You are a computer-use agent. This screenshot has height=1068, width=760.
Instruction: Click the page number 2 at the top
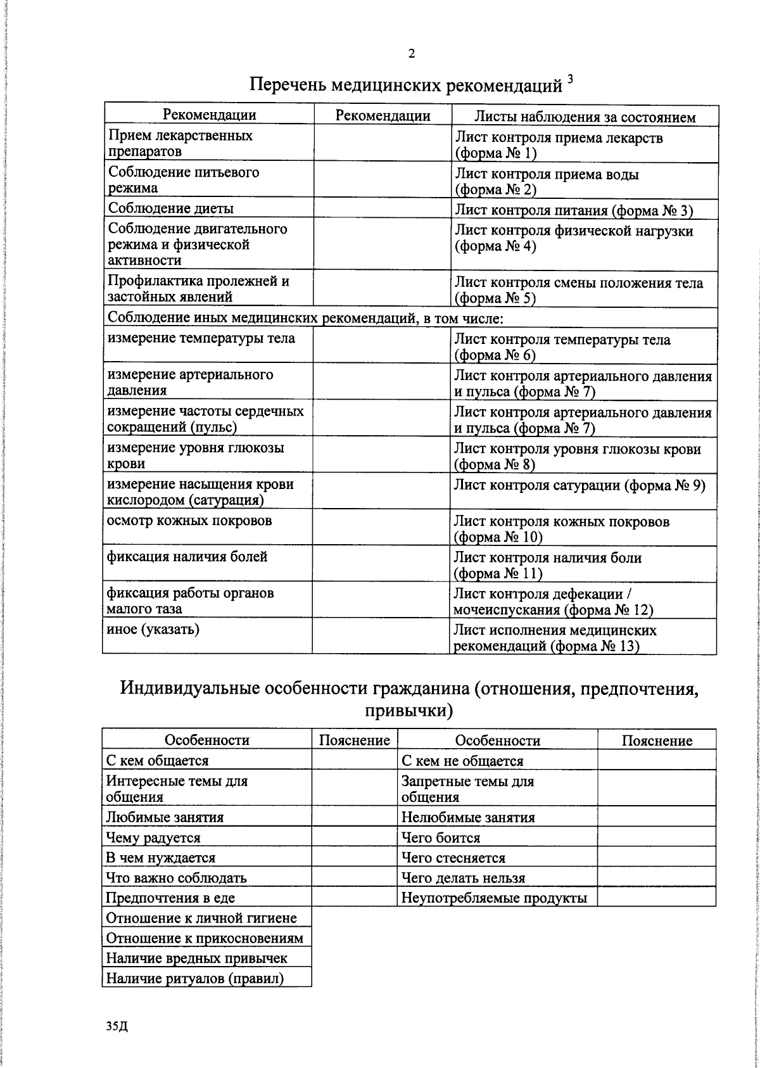tap(412, 54)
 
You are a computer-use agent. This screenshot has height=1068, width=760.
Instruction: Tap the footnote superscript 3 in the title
tap(570, 79)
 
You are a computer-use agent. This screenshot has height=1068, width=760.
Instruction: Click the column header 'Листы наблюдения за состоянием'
tap(585, 117)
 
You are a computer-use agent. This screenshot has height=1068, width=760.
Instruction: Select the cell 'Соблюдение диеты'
tap(171, 208)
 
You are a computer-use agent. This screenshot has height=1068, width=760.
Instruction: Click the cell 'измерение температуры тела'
tap(201, 338)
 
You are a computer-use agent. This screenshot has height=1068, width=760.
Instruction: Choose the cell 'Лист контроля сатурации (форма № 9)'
tap(579, 485)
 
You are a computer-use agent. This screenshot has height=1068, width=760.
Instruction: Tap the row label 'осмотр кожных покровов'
tap(189, 521)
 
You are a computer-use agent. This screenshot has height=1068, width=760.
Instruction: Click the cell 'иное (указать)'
tap(153, 629)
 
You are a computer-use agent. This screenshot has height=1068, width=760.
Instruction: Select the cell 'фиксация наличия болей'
tap(187, 557)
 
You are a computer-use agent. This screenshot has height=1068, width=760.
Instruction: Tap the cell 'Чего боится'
tap(441, 837)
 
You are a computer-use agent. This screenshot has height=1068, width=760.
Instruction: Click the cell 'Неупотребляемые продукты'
tap(494, 898)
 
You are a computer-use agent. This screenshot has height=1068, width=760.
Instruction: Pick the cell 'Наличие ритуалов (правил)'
tap(194, 979)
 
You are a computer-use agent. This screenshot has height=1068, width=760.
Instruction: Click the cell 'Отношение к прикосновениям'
tap(205, 938)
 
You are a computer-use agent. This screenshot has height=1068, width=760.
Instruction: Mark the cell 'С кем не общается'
tap(462, 761)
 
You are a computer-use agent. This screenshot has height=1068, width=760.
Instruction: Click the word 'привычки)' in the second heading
tap(409, 711)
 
